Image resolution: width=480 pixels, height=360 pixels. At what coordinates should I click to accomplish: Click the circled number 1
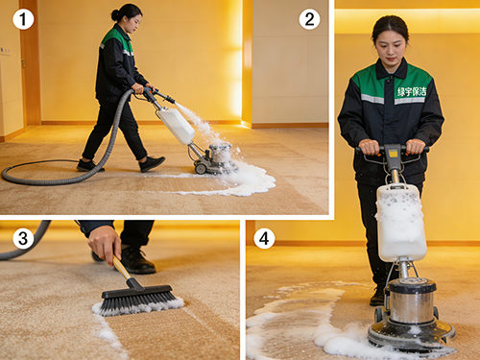coord(23,19)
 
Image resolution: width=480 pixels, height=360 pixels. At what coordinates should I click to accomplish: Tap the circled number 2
coord(309,19)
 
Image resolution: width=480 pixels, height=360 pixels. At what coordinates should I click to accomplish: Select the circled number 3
coord(23,238)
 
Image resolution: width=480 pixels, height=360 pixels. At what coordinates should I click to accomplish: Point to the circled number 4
coord(264,238)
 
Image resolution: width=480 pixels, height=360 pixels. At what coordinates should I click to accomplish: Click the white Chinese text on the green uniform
coord(412,92)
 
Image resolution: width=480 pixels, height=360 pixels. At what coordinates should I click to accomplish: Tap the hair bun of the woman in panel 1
coord(115,14)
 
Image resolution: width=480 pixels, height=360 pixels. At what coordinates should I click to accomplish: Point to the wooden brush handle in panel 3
coord(122,268)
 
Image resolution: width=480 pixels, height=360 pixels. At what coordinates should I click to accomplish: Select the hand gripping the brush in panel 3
coord(105,243)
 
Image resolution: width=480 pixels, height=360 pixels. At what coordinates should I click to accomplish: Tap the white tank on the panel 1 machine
coord(177,126)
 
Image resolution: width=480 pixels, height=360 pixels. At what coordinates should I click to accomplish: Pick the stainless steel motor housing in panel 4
coord(412,300)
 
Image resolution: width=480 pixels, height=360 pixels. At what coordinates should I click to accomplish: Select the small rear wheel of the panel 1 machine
coord(201,168)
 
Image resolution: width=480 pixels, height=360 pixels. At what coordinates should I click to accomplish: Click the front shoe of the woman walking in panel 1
coord(152,163)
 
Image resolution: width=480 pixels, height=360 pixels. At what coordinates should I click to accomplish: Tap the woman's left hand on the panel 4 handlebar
coord(416,147)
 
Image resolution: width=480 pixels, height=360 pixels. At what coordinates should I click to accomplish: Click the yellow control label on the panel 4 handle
coord(393,154)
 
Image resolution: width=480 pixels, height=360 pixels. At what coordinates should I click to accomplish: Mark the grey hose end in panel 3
coord(24,243)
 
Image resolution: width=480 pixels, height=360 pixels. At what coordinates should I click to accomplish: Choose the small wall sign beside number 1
coord(5,51)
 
